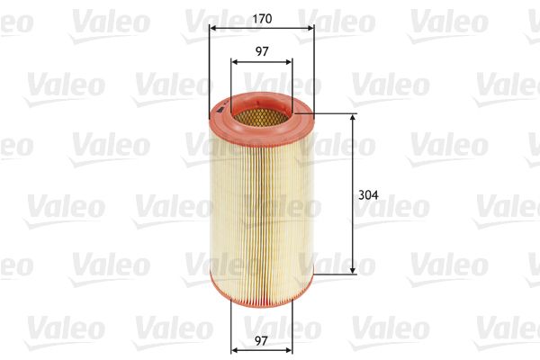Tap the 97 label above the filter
[261, 51]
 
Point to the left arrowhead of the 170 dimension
[212, 28]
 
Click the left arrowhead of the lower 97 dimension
[235, 349]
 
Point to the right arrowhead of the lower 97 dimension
[288, 349]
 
